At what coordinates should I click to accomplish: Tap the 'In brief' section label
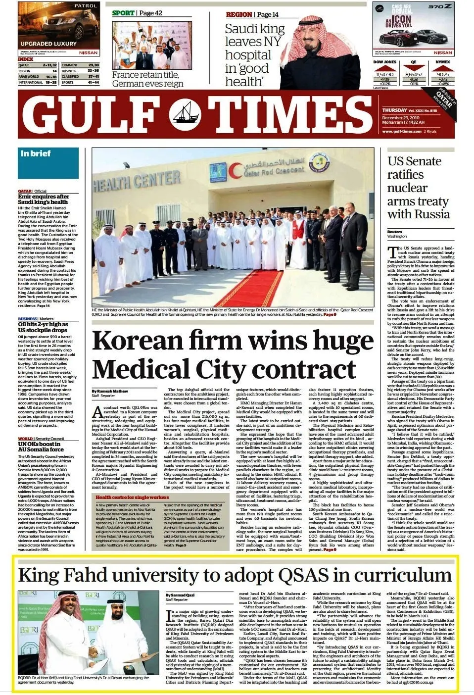click(36, 153)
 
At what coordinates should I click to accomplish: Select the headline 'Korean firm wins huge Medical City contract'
click(232, 355)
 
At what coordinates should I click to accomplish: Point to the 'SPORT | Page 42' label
click(137, 13)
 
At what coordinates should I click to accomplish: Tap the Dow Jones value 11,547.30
click(384, 74)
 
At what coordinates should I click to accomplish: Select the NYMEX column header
click(442, 62)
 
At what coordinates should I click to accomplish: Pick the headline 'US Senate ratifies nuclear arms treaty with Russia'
click(418, 188)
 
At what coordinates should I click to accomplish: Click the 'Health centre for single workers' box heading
click(132, 497)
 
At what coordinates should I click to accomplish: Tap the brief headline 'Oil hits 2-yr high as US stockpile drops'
click(43, 327)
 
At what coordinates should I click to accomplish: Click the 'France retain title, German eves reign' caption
click(147, 79)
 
